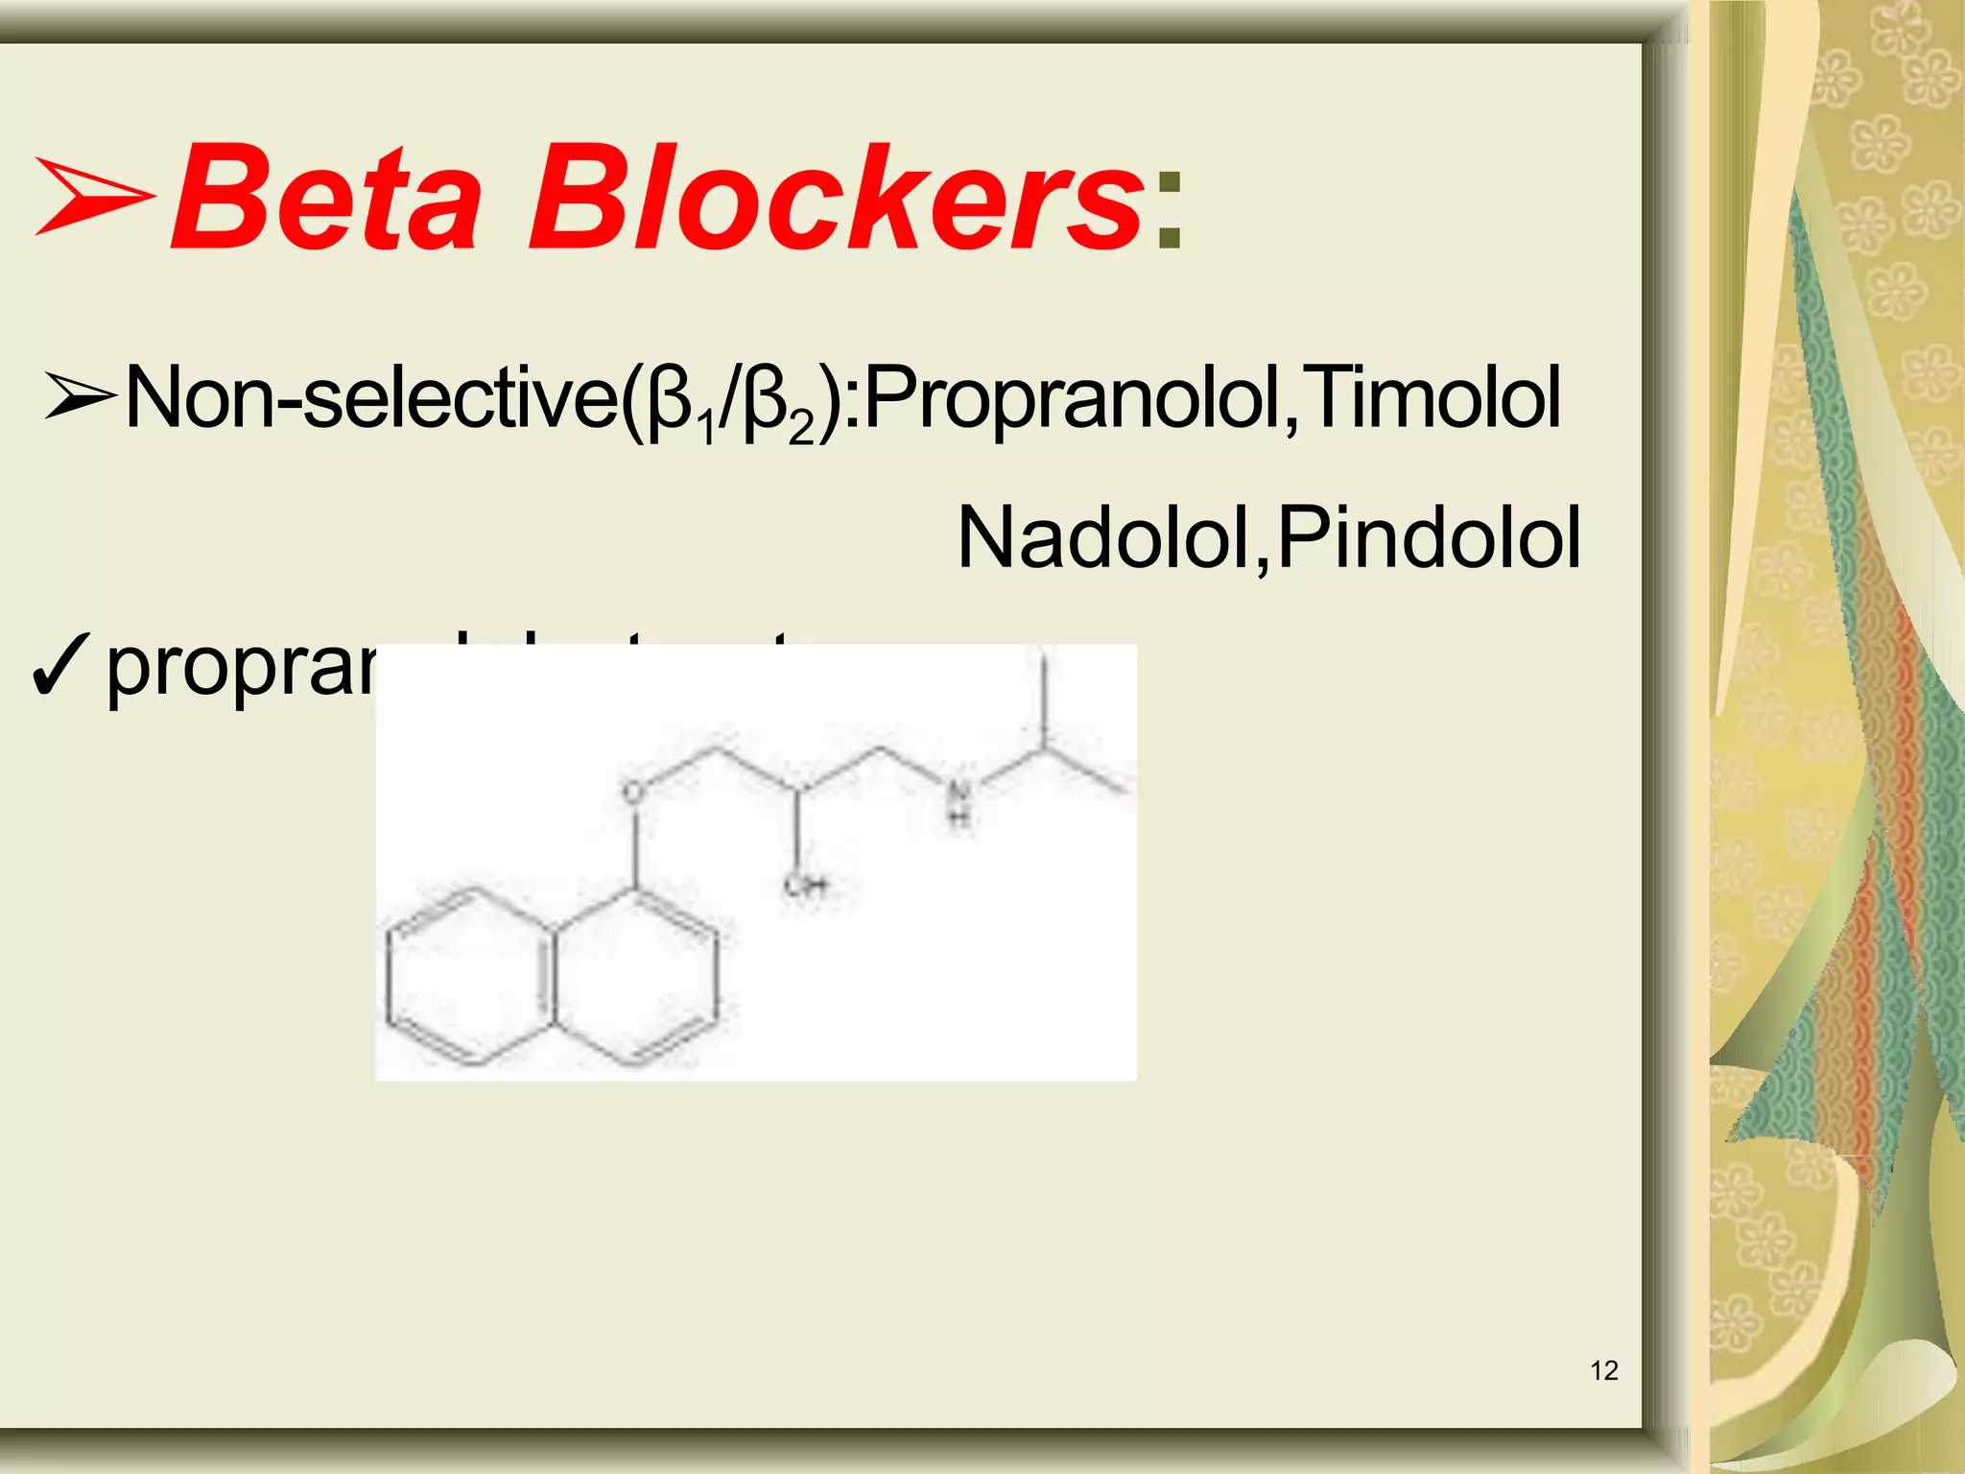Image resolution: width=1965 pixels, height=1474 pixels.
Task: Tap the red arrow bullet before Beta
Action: pos(94,199)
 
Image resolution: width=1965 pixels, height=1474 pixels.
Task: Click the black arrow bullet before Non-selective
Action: pos(81,398)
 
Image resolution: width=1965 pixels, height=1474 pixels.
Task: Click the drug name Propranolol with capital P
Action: pos(1075,398)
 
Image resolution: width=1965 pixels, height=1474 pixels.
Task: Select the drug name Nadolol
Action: pos(1103,538)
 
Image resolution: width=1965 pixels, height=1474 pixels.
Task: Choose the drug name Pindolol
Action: pos(1430,538)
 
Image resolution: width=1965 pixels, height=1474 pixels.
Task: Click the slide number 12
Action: pos(1604,1370)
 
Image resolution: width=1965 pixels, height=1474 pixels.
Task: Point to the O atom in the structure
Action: pos(632,793)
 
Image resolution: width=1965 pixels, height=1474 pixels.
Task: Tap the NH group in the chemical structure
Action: pos(959,802)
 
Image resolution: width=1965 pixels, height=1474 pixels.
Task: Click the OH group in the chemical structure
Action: pos(805,885)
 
